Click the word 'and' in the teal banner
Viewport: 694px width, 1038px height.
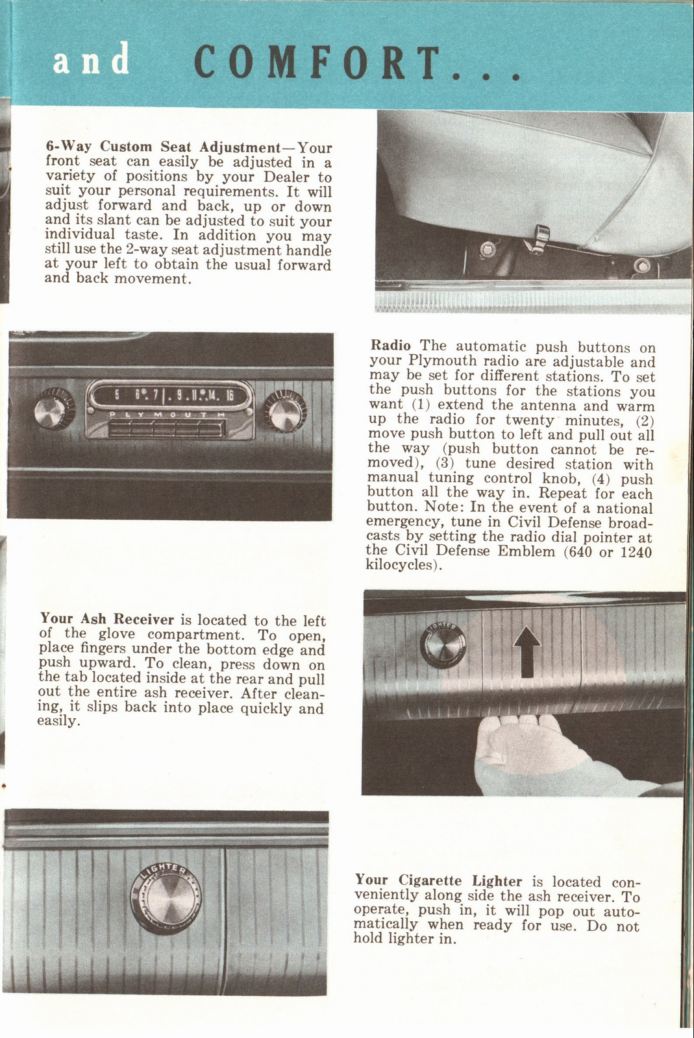click(92, 60)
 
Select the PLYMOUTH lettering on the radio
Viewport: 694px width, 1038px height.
click(166, 415)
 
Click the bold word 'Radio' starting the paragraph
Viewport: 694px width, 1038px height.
click(390, 346)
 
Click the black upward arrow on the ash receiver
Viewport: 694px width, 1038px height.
click(527, 651)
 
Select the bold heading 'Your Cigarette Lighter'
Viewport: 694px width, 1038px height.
click(438, 880)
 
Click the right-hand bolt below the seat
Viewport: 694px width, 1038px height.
click(642, 265)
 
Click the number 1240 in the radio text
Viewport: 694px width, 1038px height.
click(636, 551)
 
